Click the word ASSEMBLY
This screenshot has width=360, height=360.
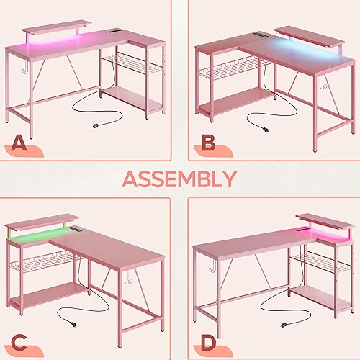pyautogui.click(x=180, y=179)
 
